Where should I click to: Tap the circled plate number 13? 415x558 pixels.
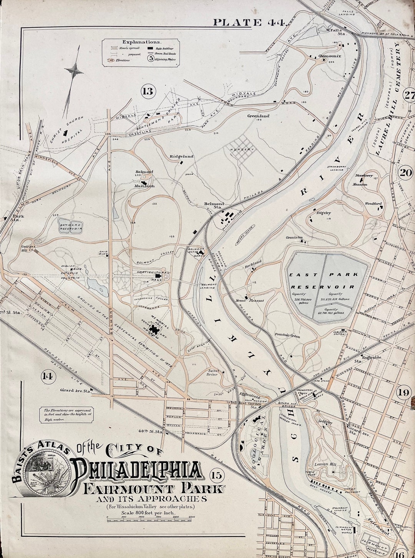tap(148, 91)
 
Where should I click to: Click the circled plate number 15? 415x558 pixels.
tap(217, 475)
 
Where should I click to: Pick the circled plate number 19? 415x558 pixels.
tap(404, 392)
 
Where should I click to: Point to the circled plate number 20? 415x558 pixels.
tap(406, 173)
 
